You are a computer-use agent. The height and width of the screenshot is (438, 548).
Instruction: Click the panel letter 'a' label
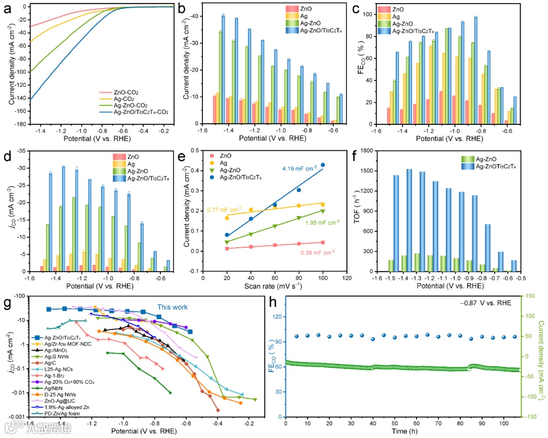[x=7, y=8]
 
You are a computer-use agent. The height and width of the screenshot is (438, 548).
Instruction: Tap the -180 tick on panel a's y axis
[x=20, y=124]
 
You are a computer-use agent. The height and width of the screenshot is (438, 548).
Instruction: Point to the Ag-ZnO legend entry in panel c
[x=406, y=23]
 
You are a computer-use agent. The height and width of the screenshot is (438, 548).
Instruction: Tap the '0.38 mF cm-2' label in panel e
[x=318, y=253]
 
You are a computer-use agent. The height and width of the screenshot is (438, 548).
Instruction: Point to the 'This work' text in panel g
[x=172, y=307]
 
